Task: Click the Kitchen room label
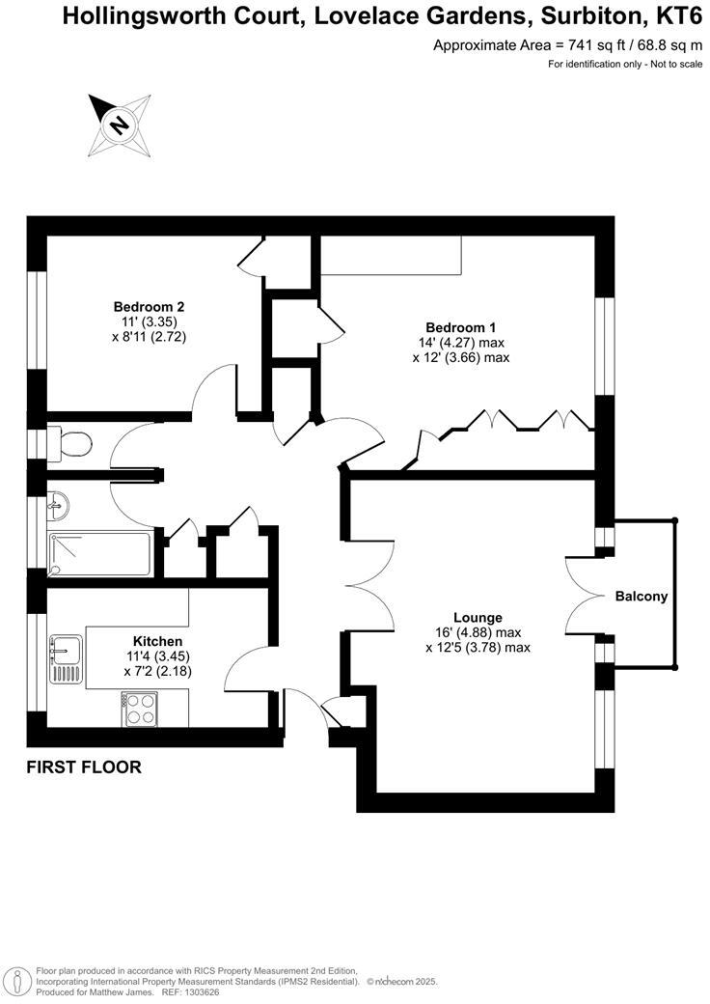pos(157,641)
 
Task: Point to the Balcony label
pos(642,597)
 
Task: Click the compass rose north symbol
pos(119,125)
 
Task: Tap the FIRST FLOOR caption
pos(84,768)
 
